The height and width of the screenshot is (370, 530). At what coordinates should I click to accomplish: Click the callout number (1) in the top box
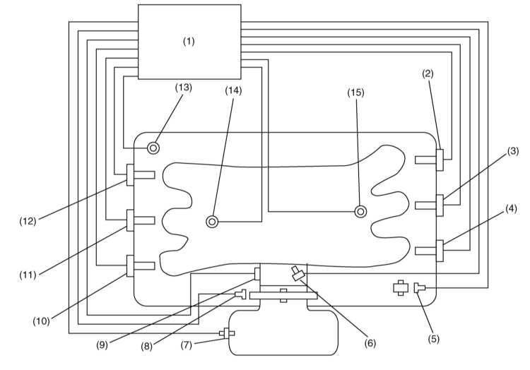pos(189,42)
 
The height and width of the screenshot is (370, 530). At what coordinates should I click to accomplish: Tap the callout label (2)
pos(428,73)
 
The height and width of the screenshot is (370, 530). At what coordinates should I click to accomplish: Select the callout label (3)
pos(513,151)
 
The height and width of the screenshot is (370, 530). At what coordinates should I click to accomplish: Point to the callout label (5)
pos(434,339)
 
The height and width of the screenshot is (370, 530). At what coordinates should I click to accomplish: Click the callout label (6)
pos(370,343)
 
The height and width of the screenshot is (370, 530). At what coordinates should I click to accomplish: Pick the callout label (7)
pos(187,345)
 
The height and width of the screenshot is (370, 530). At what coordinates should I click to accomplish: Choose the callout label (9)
pos(102,345)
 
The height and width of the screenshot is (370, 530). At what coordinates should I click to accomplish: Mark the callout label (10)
pos(41,321)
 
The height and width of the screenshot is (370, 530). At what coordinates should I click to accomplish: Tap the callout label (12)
pos(28,222)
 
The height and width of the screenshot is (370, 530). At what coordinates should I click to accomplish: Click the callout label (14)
pos(234,90)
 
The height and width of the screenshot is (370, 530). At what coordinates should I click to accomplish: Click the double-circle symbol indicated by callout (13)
pos(153,148)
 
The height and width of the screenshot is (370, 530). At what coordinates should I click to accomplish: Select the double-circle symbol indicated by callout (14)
pos(212,222)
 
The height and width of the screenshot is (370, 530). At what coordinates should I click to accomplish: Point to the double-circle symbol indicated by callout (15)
pos(360,212)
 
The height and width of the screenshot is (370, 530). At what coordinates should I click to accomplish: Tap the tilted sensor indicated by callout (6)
pos(298,273)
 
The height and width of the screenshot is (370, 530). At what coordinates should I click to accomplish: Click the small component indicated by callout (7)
pos(227,333)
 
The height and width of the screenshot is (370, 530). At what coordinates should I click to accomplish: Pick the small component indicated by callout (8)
pos(241,294)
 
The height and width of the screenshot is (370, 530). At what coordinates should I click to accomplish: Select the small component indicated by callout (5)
pos(420,288)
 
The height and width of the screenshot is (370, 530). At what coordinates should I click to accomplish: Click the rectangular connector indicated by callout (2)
pos(440,160)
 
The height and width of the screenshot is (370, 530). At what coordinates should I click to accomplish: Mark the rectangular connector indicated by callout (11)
pos(130,220)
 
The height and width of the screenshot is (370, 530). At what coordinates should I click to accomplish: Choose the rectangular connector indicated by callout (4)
pos(440,251)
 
